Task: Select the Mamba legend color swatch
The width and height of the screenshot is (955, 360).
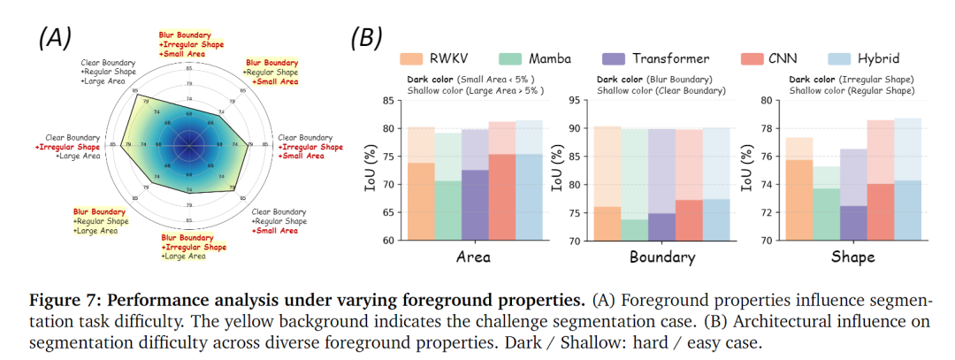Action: pyautogui.click(x=513, y=59)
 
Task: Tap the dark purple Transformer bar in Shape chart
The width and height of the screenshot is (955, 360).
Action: pyautogui.click(x=853, y=223)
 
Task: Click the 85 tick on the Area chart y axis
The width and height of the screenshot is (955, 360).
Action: pyautogui.click(x=390, y=100)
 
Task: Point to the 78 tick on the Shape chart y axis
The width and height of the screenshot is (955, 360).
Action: pyautogui.click(x=767, y=128)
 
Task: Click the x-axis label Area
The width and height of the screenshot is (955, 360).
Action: pyautogui.click(x=474, y=257)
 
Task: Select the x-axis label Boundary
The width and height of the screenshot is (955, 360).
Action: pyautogui.click(x=662, y=257)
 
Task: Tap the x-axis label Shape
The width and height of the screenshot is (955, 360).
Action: pyautogui.click(x=853, y=257)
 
